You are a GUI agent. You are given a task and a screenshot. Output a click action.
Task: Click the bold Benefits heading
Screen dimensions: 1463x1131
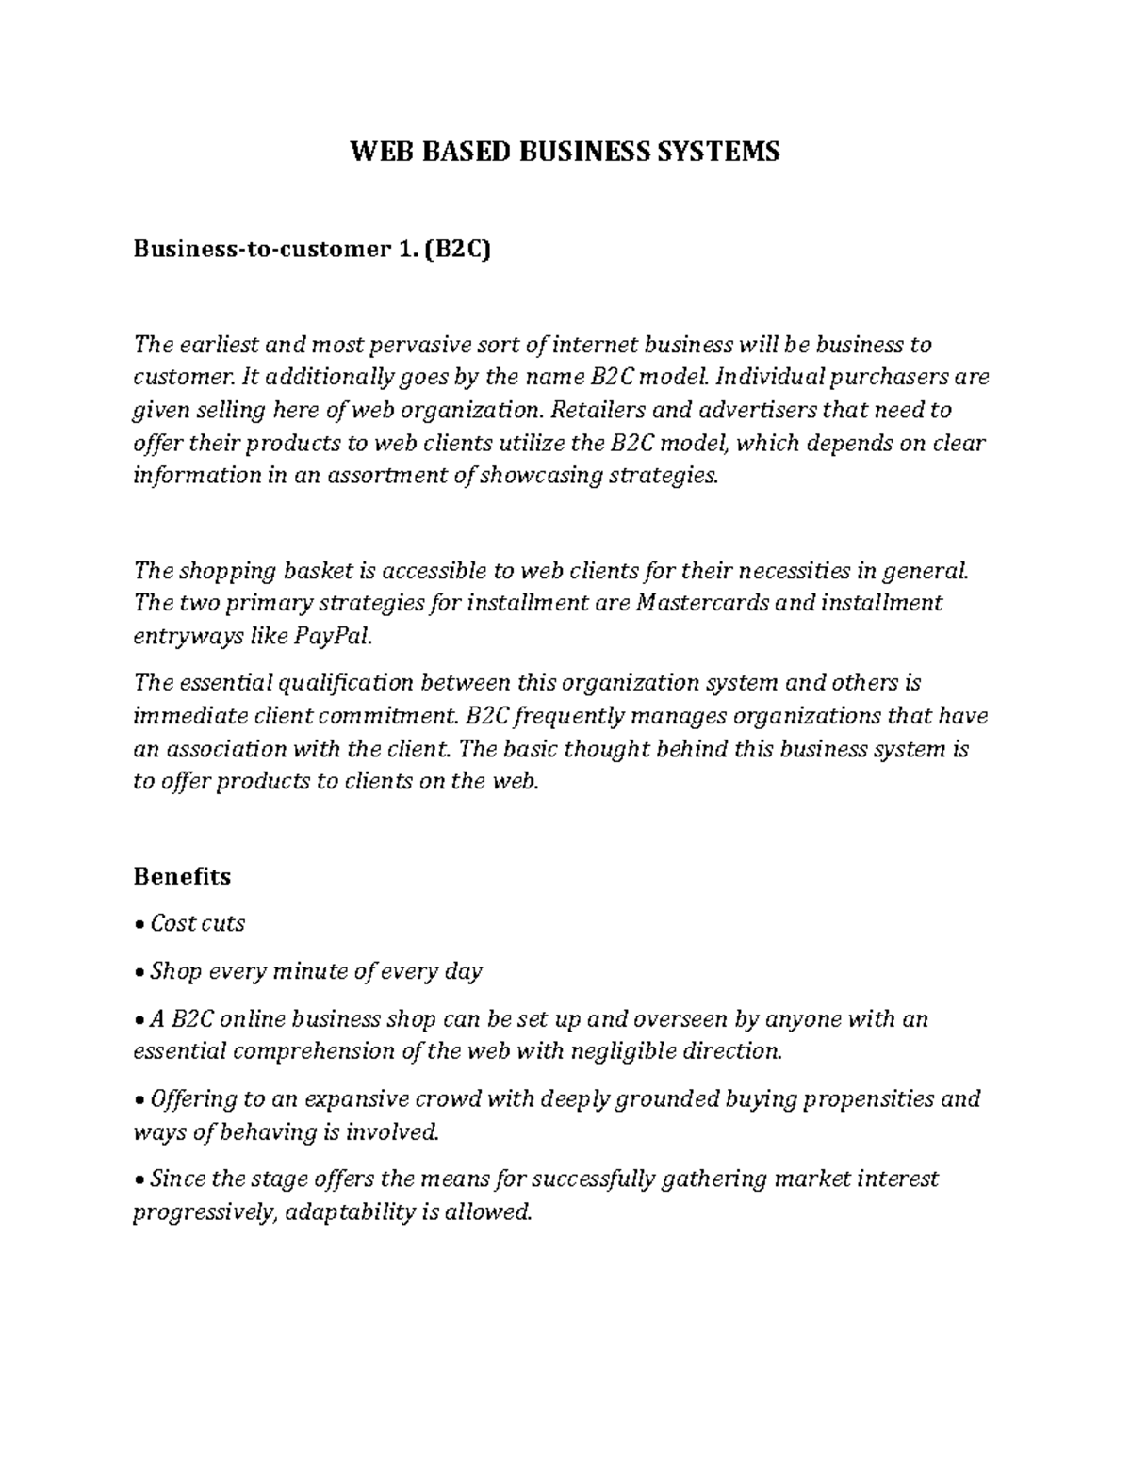(182, 876)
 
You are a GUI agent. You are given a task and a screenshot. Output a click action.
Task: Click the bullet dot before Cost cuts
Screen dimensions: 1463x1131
(139, 924)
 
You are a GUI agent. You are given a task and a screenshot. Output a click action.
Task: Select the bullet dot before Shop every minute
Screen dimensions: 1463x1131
(139, 971)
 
